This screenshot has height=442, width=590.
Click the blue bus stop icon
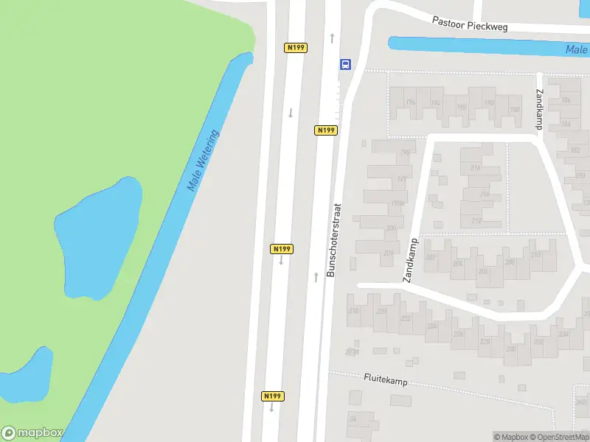tap(345, 64)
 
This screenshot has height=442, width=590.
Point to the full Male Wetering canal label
tap(204, 161)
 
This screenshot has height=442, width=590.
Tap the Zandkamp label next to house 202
tap(410, 261)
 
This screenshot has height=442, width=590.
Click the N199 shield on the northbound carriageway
tap(326, 130)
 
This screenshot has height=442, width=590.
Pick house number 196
tap(410, 102)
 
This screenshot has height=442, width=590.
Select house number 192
tap(462, 108)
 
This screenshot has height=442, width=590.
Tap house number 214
tap(485, 194)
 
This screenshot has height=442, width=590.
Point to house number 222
tap(406, 318)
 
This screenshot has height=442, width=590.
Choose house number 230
tap(510, 348)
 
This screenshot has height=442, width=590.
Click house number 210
tap(535, 255)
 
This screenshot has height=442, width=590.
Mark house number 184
tap(566, 124)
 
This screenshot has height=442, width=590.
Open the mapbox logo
tap(32, 433)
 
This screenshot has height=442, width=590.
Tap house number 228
tap(485, 341)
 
